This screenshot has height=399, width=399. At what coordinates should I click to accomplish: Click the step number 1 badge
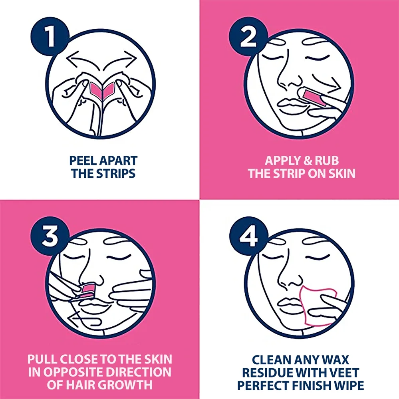pos(50,36)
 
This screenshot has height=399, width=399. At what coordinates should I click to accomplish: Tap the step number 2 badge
pos(248,36)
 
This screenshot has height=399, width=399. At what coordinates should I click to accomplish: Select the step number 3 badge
pos(50,236)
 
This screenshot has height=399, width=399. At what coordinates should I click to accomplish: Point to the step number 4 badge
pos(248,236)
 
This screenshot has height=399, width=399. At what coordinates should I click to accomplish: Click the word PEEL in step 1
pos(82,161)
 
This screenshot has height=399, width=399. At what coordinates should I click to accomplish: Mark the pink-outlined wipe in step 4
pos(318,306)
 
